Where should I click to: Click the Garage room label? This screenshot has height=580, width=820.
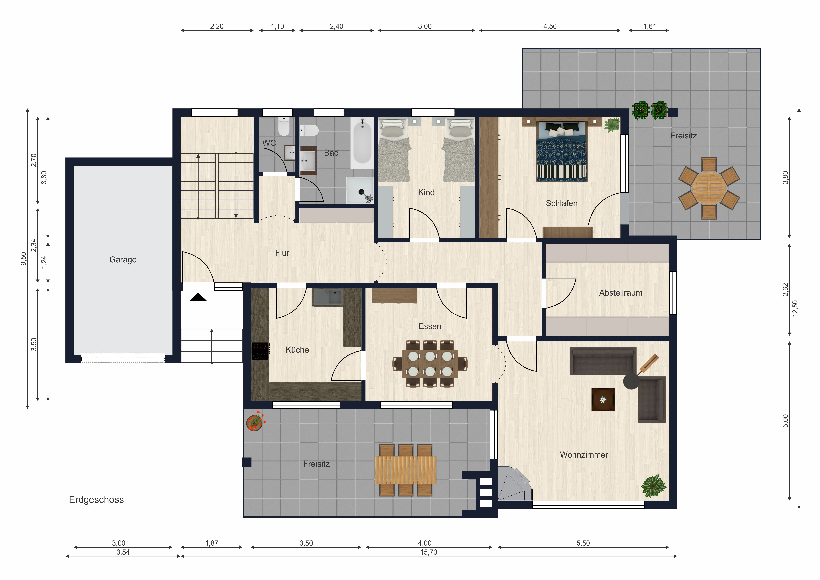tap(123, 260)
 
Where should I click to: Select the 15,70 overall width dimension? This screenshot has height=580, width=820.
tap(429, 552)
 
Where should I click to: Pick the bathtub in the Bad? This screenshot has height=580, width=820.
tap(362, 142)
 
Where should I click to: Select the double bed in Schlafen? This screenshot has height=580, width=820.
tap(561, 151)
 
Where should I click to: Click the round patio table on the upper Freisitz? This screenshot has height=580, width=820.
tap(709, 188)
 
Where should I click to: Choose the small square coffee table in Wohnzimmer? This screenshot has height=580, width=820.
tap(603, 400)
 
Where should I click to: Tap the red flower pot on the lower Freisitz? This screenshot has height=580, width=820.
tap(255, 421)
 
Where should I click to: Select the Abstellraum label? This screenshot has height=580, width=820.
tap(621, 293)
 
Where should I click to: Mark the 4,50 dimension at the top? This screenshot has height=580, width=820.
tap(550, 26)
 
